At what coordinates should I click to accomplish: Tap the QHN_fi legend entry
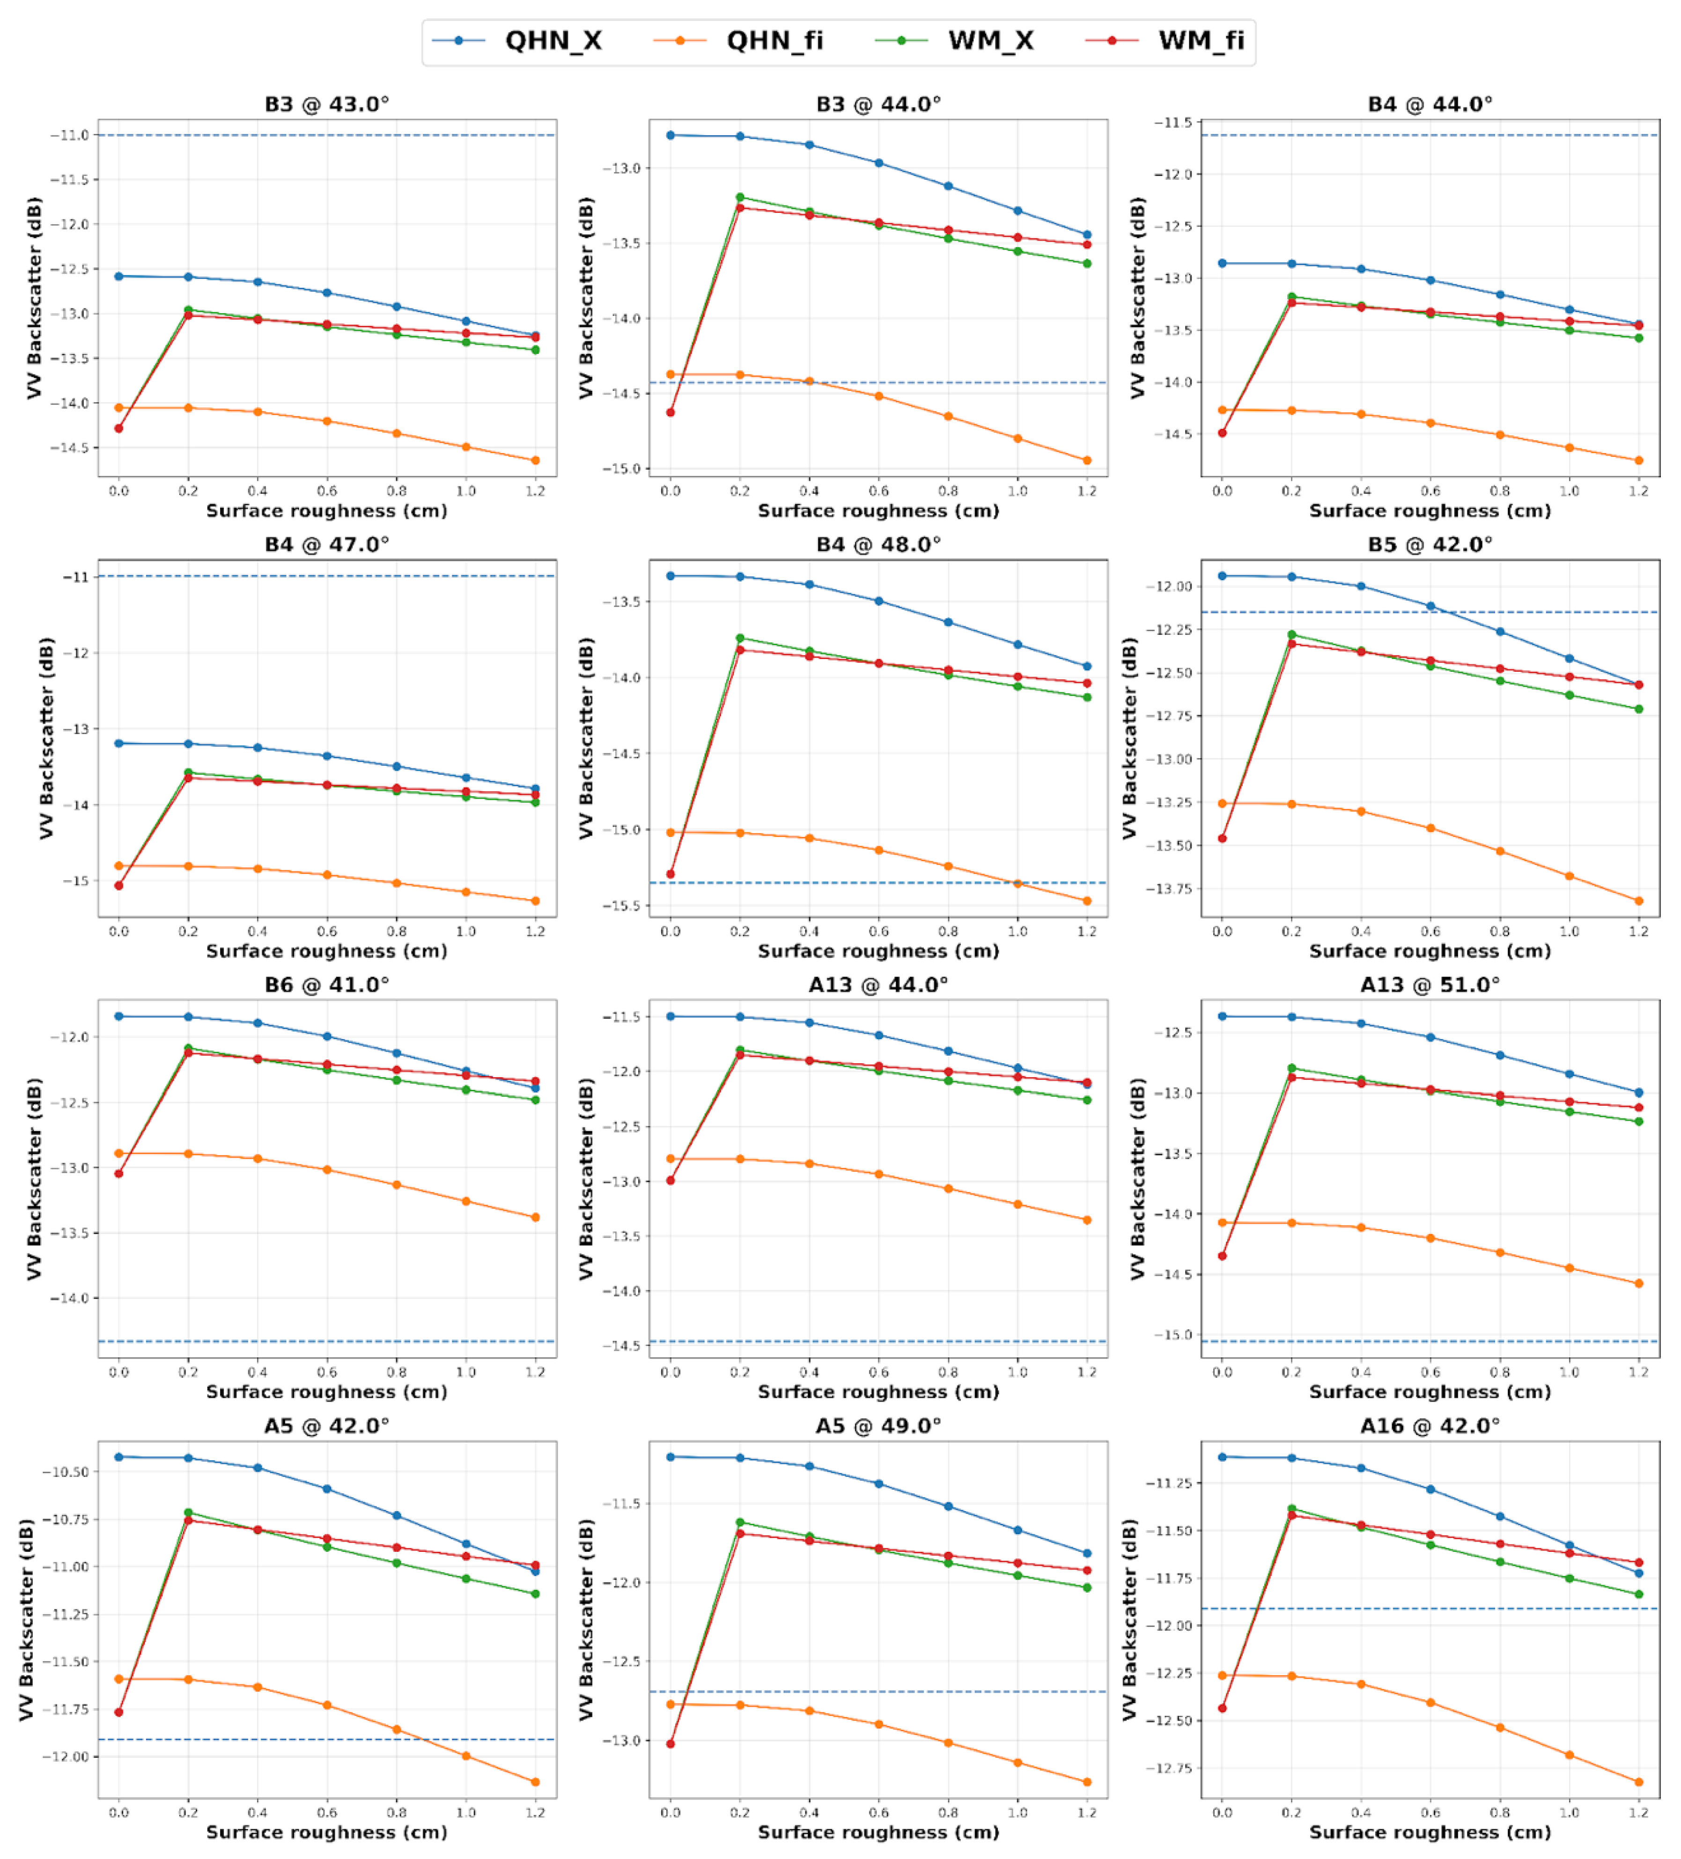coord(774,41)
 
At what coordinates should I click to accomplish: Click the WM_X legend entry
coord(990,41)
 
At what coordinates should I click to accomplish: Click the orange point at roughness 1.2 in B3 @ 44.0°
coord(1086,460)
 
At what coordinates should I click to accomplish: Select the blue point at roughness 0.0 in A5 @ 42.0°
coord(119,1457)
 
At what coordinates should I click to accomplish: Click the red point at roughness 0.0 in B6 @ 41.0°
coord(119,1174)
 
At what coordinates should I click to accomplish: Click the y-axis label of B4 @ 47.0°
coord(46,738)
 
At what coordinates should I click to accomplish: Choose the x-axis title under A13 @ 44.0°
coord(878,1391)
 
